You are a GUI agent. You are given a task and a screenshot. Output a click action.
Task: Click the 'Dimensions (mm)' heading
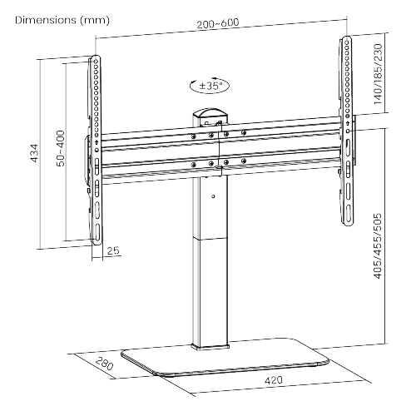pyautogui.click(x=62, y=21)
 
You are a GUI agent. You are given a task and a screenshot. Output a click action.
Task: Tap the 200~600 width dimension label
pyautogui.click(x=218, y=23)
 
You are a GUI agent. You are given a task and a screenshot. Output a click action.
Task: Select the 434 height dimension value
pyautogui.click(x=34, y=153)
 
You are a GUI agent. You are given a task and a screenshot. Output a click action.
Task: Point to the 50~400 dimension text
pyautogui.click(x=61, y=148)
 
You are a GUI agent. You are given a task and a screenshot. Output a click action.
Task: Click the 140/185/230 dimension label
pyautogui.click(x=378, y=74)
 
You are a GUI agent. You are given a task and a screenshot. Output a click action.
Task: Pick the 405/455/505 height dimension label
pyautogui.click(x=378, y=245)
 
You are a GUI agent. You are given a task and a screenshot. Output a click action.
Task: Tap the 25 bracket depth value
pyautogui.click(x=113, y=250)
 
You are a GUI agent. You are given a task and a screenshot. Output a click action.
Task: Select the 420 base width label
pyautogui.click(x=274, y=380)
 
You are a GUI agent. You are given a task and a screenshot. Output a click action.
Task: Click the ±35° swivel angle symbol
pyautogui.click(x=210, y=86)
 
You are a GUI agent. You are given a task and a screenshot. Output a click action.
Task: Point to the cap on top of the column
pyautogui.click(x=210, y=114)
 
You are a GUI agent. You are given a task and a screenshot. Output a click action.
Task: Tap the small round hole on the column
pyautogui.click(x=213, y=196)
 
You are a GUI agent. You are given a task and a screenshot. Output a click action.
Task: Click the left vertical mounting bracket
pyautogui.click(x=96, y=151)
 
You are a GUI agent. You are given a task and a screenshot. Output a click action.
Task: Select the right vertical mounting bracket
pyautogui.click(x=347, y=131)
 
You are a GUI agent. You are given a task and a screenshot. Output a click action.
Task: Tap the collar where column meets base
pyautogui.click(x=210, y=346)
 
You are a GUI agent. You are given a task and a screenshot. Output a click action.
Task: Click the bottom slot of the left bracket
pyautogui.click(x=97, y=231)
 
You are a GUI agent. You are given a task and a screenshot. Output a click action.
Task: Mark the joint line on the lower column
pyautogui.click(x=210, y=238)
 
